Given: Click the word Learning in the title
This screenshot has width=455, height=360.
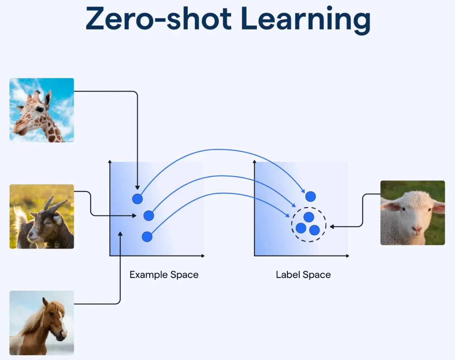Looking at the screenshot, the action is (x=306, y=20).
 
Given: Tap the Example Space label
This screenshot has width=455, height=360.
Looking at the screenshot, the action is (x=164, y=275).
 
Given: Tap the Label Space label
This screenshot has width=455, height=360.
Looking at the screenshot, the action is (x=304, y=275).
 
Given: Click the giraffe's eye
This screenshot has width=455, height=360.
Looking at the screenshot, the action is (x=40, y=109).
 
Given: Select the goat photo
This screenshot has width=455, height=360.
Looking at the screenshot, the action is (x=42, y=216).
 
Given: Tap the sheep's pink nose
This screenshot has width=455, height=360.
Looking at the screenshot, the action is (x=417, y=229).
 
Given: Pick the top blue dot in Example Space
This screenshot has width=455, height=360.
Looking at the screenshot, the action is (x=137, y=199).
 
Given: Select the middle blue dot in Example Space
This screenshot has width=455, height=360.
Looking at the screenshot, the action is (x=149, y=216).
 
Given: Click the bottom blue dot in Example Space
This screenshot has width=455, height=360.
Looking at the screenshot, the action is (x=147, y=237).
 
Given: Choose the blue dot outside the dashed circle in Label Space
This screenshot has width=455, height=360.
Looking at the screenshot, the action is (x=311, y=196).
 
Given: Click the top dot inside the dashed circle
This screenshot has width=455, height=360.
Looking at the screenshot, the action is (x=309, y=217).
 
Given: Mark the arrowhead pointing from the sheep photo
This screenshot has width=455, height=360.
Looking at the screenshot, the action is (x=332, y=227).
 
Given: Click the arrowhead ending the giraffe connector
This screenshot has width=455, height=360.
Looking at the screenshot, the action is (x=137, y=188).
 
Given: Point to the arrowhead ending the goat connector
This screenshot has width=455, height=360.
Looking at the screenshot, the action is (x=134, y=216).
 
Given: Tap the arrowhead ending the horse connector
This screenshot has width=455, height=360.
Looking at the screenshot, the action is (x=120, y=234).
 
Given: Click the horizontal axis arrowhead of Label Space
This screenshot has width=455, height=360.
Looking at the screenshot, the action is (x=348, y=256).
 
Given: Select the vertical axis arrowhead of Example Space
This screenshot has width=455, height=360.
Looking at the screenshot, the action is (x=110, y=162).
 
